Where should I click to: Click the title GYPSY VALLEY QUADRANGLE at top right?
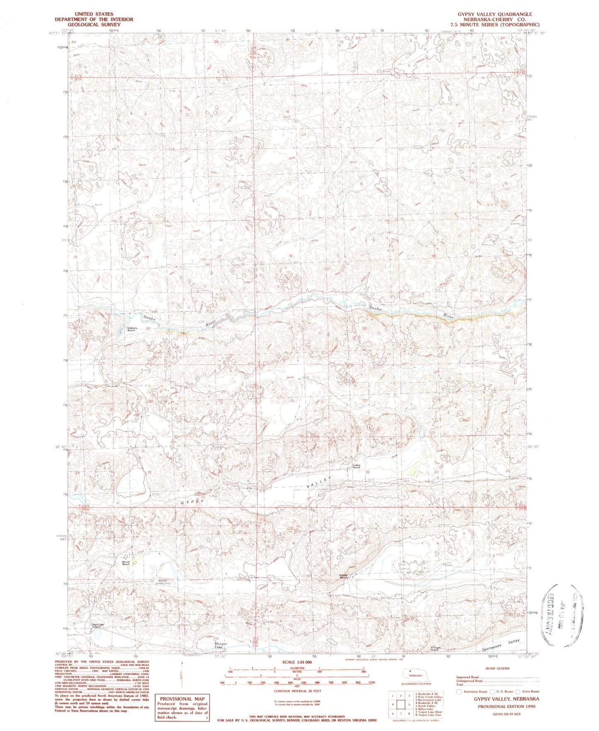point(495,14)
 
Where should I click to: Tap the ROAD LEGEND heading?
point(497,668)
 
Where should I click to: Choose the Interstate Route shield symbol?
point(458,692)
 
